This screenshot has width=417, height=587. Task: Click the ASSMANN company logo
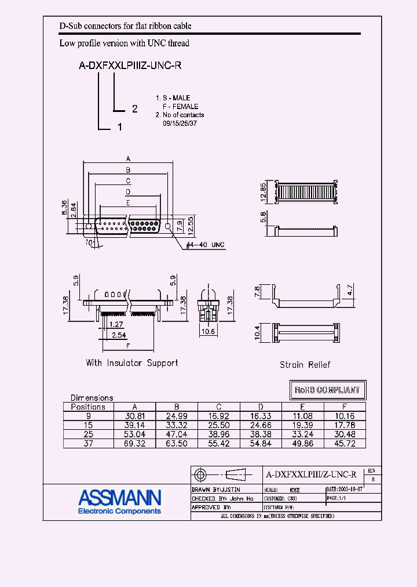tap(120, 501)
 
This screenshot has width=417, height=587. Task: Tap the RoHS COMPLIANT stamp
tap(328, 390)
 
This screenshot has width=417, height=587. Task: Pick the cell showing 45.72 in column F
tap(345, 444)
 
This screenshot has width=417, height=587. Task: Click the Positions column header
tap(88, 407)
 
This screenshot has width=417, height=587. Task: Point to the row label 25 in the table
tap(88, 434)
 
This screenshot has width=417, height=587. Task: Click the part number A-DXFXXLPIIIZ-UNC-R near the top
tap(130, 66)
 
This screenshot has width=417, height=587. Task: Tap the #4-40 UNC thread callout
tap(205, 245)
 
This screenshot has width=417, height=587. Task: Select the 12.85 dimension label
tap(263, 192)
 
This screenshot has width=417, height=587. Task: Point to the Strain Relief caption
tap(305, 364)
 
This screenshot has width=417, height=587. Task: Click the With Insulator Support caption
tap(132, 363)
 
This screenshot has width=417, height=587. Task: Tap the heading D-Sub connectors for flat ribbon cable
tap(126, 26)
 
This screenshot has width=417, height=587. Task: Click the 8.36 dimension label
tap(64, 208)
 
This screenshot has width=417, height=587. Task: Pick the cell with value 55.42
tap(219, 444)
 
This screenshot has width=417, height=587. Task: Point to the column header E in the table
tap(302, 407)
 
